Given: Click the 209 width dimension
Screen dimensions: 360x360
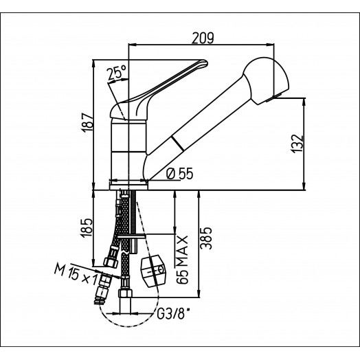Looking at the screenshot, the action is point(203,38).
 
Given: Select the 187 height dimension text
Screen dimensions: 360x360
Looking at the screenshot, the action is point(88,122).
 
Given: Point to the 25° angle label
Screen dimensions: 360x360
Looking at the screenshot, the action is point(117,73).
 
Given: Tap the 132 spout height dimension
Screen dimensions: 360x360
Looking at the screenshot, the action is point(297,144).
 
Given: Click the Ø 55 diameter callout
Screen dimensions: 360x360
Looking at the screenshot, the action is point(179,173).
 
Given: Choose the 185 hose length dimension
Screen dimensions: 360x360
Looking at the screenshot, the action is point(87,227).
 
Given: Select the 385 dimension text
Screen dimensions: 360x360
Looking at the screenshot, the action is point(206,238).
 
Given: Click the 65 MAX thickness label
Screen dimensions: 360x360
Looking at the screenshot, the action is point(183,260).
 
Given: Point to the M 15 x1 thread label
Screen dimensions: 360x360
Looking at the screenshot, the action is point(76,273).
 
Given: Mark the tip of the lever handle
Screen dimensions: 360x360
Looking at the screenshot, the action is point(206,63).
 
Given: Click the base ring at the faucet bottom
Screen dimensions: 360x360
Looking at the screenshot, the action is point(128,185).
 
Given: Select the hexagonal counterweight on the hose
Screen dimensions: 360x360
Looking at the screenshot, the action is point(153,271).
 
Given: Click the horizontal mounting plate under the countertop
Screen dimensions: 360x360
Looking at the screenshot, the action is point(132,236).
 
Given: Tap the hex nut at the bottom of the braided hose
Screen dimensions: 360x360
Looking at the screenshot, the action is point(125,294).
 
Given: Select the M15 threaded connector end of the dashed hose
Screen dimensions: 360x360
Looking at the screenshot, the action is point(100,300).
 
